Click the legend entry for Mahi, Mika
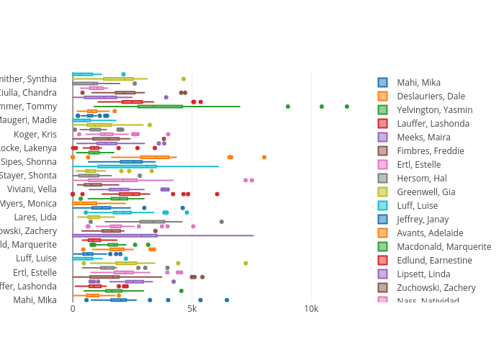pyautogui.click(x=418, y=83)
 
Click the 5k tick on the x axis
pyautogui.click(x=192, y=309)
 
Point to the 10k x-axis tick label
pyautogui.click(x=311, y=309)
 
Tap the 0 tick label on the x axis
pyautogui.click(x=73, y=309)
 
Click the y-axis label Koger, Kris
pyautogui.click(x=35, y=135)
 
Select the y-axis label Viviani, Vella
pyautogui.click(x=32, y=189)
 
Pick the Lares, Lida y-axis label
pyautogui.click(x=35, y=217)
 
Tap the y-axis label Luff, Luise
pyautogui.click(x=36, y=258)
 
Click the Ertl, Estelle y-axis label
pyautogui.click(x=35, y=272)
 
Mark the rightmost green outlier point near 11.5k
pyautogui.click(x=347, y=107)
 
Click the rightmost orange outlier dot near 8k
pyautogui.click(x=264, y=157)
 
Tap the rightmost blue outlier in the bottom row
pyautogui.click(x=227, y=300)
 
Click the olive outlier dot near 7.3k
pyautogui.click(x=246, y=263)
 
